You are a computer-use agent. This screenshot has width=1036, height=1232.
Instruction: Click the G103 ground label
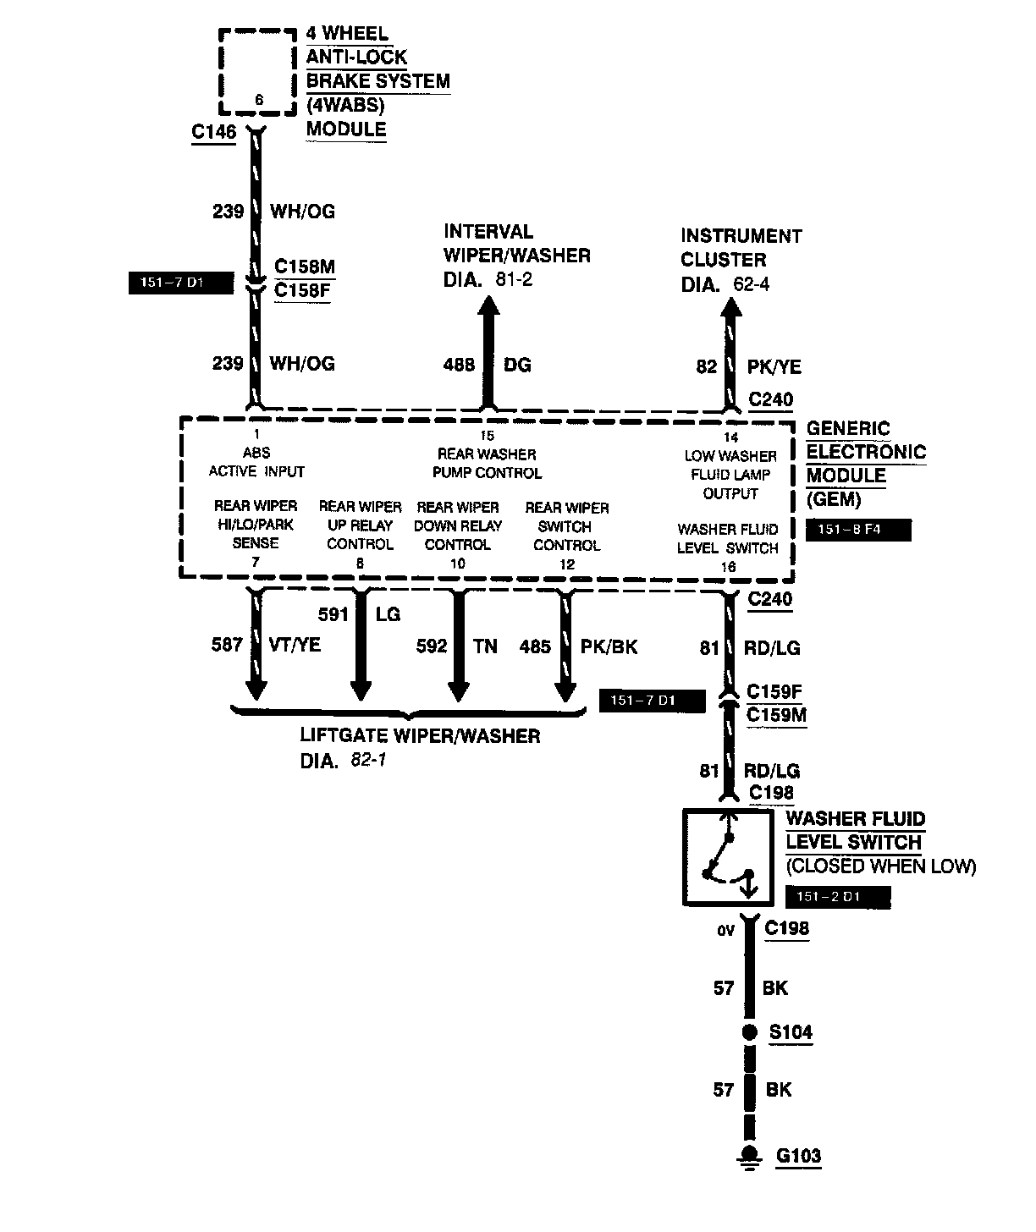coord(798,1156)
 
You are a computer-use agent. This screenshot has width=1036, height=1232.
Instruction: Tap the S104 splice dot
coord(749,1033)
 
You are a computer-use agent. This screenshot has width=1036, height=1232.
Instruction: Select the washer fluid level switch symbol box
coord(728,857)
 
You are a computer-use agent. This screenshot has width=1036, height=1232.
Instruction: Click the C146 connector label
coord(214,132)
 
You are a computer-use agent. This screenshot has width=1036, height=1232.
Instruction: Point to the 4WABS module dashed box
coord(259,73)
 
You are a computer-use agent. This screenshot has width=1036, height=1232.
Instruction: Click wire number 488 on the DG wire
coord(459,365)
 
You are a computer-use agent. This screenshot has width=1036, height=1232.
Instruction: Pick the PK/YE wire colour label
coord(774,366)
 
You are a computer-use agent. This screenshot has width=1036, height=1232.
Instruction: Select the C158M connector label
coord(305,267)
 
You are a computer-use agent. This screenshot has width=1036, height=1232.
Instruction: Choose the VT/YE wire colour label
coord(295,645)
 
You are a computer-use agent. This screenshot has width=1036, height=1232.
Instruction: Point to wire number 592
coord(432,646)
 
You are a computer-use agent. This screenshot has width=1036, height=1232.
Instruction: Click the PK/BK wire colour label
coord(609,646)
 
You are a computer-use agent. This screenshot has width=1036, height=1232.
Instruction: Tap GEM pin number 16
coord(728,567)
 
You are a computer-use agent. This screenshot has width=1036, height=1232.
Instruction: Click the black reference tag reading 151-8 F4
coord(858,531)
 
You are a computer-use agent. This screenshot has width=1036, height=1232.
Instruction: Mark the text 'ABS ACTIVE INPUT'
coord(256,463)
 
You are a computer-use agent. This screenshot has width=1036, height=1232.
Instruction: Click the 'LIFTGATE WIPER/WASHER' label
coord(420,735)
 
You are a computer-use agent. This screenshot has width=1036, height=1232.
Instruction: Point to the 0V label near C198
coord(725,931)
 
